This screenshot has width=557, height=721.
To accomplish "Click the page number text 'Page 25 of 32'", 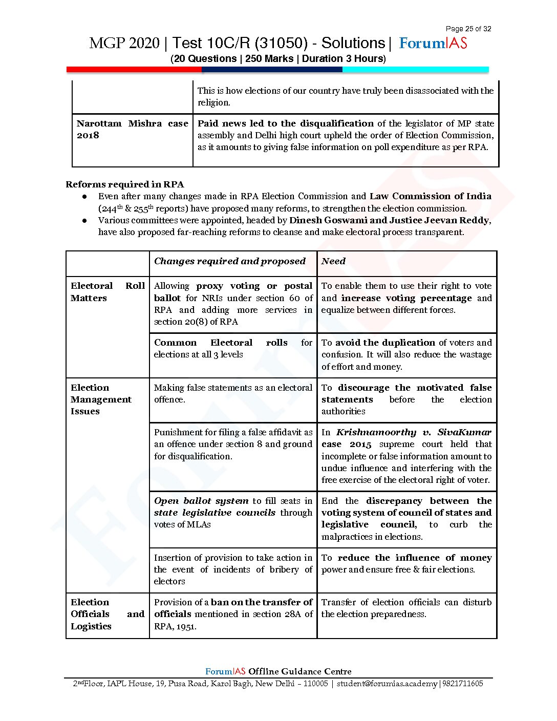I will point(468,29).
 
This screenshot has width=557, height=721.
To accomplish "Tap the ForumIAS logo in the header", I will point(433,43).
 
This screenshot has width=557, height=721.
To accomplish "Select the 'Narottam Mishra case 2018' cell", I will point(132,129).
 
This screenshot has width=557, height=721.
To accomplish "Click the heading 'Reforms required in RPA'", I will point(124,184).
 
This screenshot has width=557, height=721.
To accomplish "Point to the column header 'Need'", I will point(333,261).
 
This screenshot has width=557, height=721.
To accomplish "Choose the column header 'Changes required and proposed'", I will point(229,261).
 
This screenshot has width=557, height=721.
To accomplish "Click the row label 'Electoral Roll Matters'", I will point(108,292).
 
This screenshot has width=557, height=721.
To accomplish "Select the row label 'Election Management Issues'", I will point(101,399).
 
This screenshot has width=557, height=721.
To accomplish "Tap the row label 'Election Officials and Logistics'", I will point(108,614).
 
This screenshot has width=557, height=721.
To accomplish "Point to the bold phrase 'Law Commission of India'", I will point(430,196).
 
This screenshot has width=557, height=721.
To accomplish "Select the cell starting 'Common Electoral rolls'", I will point(233,349).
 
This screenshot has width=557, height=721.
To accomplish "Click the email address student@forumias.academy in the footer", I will point(387,684).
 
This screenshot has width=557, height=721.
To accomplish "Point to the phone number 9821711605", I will point(462,684).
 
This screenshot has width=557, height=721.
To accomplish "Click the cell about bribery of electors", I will point(233,569).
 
